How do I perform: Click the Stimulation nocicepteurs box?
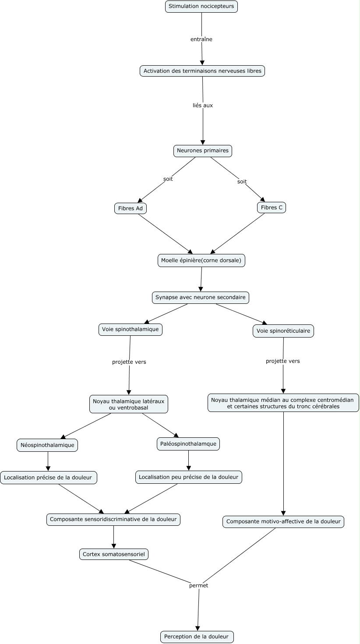(201, 6)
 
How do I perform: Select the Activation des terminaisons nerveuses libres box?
(202, 71)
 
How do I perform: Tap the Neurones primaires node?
(203, 151)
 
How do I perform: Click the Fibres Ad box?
(131, 208)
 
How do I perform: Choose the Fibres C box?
(272, 208)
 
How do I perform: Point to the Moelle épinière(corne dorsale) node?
(201, 260)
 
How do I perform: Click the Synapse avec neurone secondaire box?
(201, 298)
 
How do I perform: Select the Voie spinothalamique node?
(130, 330)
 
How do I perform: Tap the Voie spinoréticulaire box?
(283, 331)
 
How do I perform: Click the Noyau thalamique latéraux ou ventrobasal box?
(128, 404)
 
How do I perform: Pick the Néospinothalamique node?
(47, 445)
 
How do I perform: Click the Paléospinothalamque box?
(188, 444)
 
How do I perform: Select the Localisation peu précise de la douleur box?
(189, 477)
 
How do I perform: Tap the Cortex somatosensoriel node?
(114, 554)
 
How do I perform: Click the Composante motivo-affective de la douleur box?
(283, 521)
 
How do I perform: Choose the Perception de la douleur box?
(197, 637)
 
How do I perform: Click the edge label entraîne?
(201, 39)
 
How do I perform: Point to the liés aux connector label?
(203, 106)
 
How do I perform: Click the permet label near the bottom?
(198, 586)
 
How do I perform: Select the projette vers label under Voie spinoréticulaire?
(282, 361)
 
